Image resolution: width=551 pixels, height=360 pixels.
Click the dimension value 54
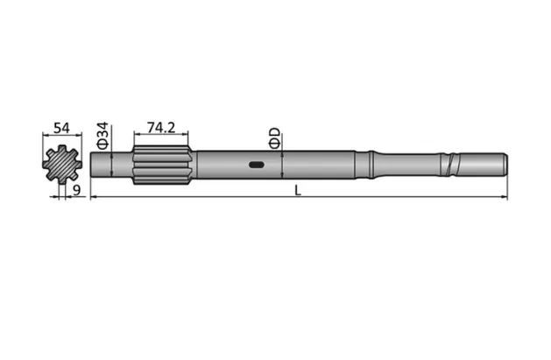(x=61, y=128)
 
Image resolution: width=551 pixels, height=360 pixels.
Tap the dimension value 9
(x=77, y=188)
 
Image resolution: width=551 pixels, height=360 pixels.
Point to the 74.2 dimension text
(x=161, y=128)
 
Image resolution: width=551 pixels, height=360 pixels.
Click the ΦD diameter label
(x=274, y=138)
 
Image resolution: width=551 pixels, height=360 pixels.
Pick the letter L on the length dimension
(x=298, y=192)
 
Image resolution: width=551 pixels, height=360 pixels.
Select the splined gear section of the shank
(x=162, y=164)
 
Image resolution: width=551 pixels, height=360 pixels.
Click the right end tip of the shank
(x=505, y=164)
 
